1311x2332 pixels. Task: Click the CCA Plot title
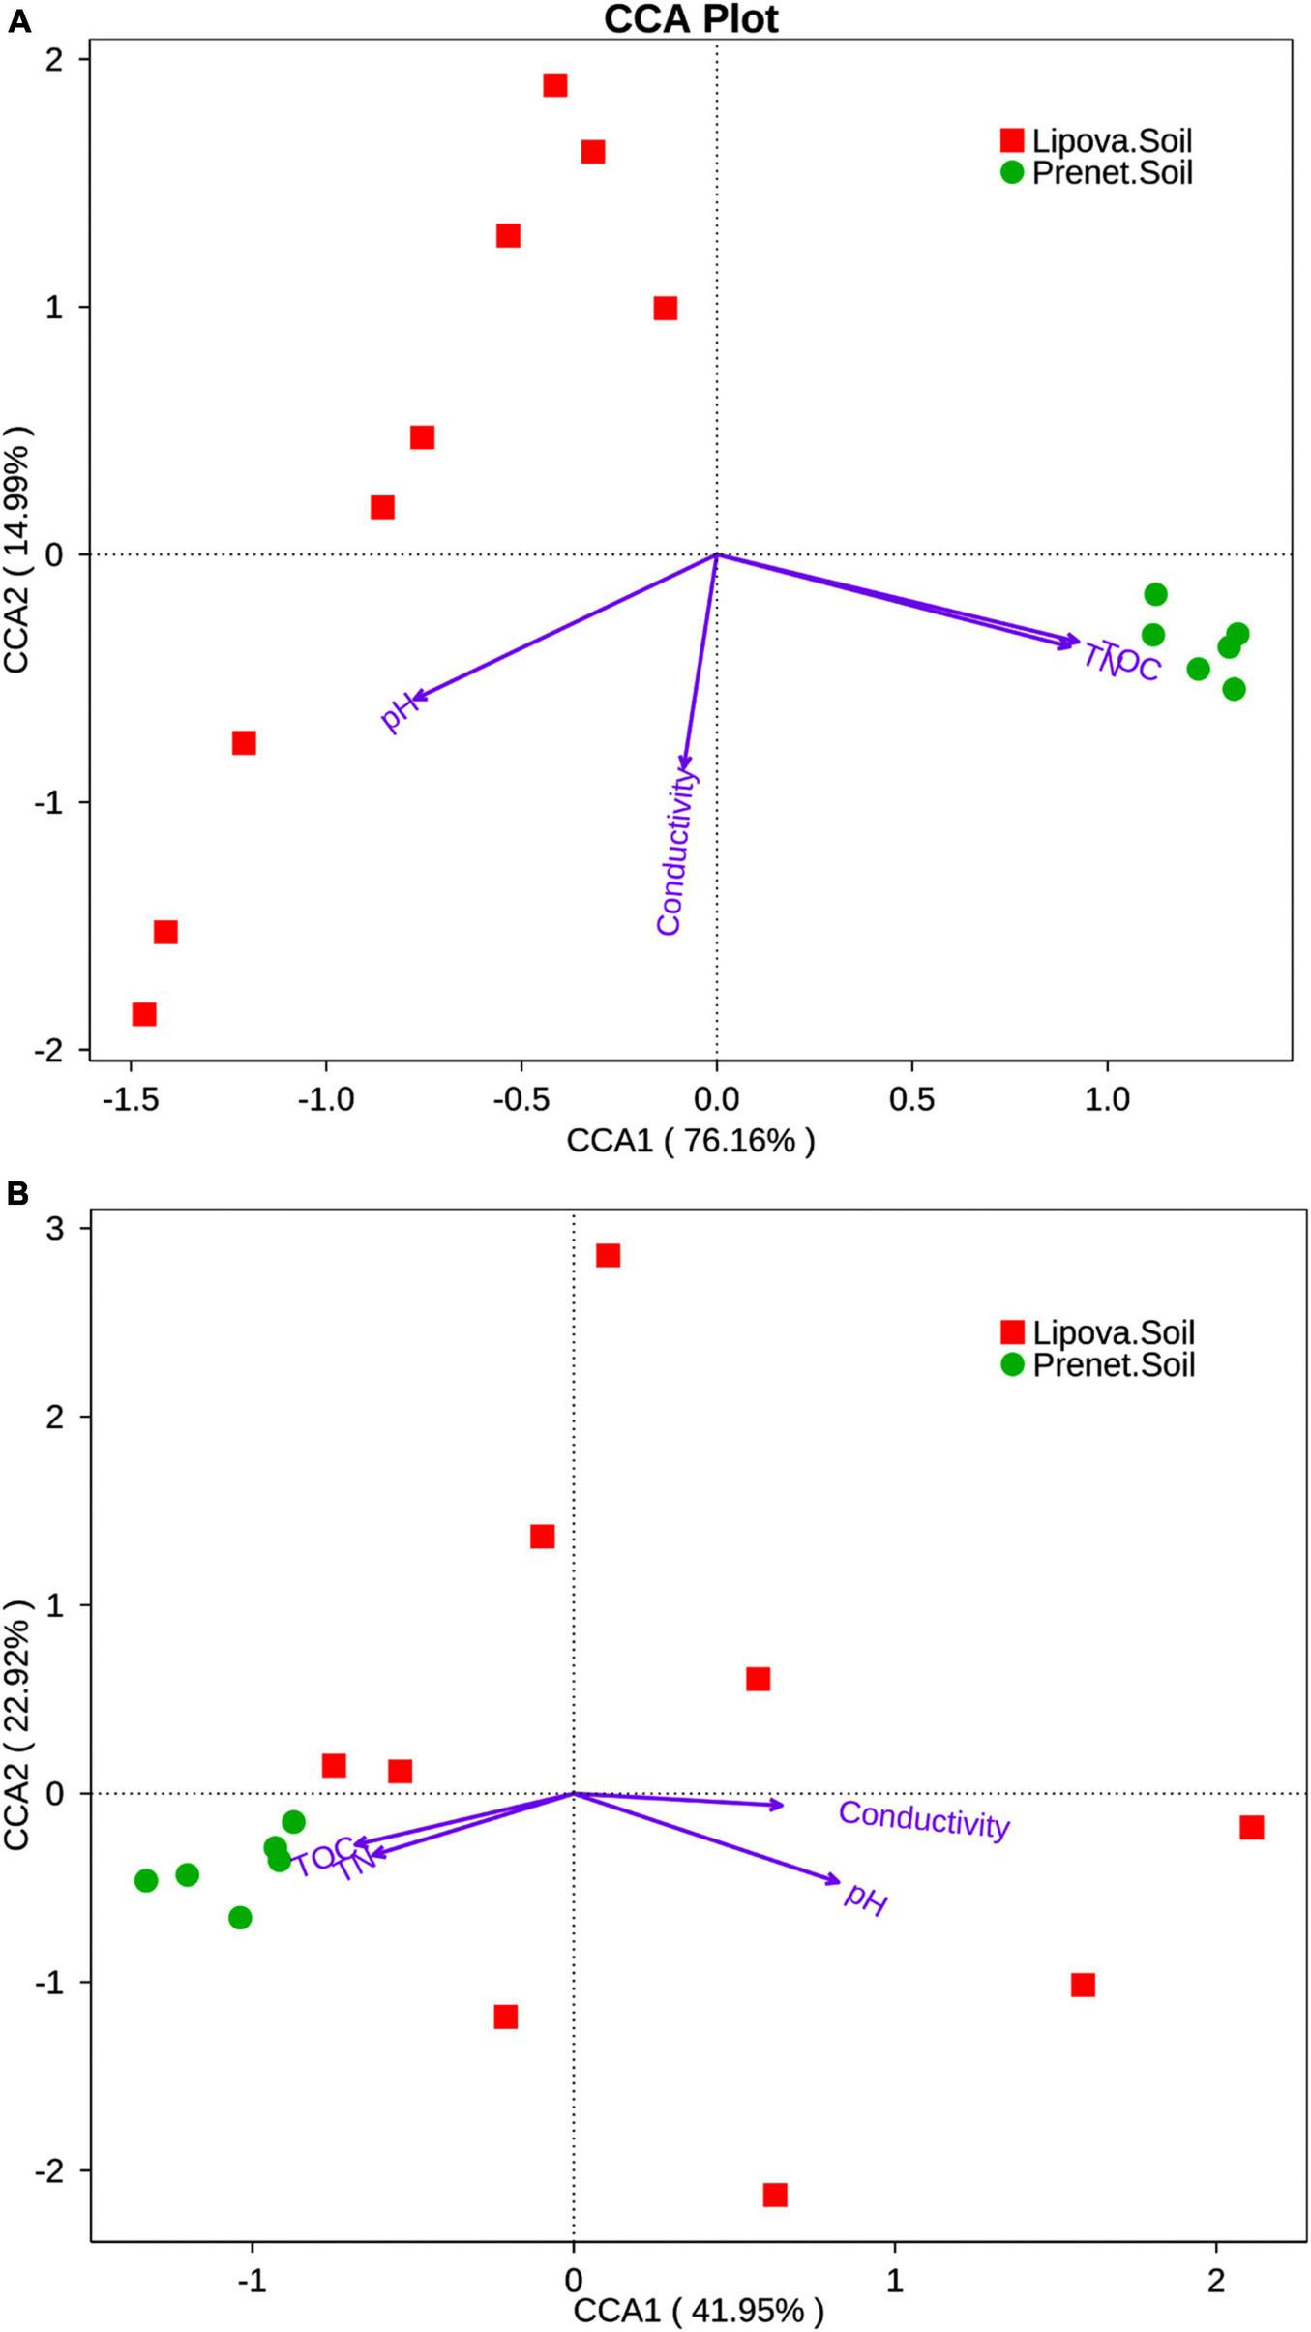[691, 19]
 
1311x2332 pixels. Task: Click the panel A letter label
[18, 21]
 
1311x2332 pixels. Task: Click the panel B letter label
[18, 1194]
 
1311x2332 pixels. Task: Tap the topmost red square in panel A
[554, 85]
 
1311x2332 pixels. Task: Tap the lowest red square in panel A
[144, 1014]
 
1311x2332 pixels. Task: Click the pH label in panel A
[398, 712]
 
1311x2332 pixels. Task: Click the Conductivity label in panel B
[924, 1819]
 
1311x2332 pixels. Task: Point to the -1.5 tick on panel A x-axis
[131, 1099]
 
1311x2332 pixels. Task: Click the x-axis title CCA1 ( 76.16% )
[691, 1141]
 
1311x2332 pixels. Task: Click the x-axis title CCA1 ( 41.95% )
[699, 2311]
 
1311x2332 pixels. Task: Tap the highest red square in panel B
[608, 1255]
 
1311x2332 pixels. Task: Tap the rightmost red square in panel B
[1251, 1827]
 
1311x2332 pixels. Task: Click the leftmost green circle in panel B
[146, 1880]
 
